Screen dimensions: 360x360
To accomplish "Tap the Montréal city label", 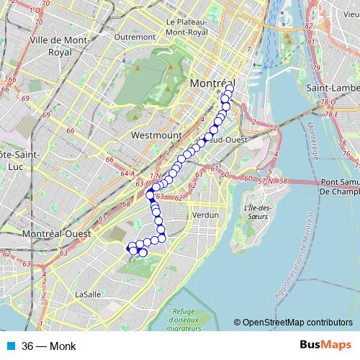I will tap(212, 84).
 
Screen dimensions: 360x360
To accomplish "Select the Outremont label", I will tap(135, 36).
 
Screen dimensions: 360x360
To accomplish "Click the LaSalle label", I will tap(88, 294).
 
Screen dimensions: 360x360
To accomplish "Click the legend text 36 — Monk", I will tap(48, 346).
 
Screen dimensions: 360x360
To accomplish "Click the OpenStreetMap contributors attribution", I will tap(293, 323).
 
